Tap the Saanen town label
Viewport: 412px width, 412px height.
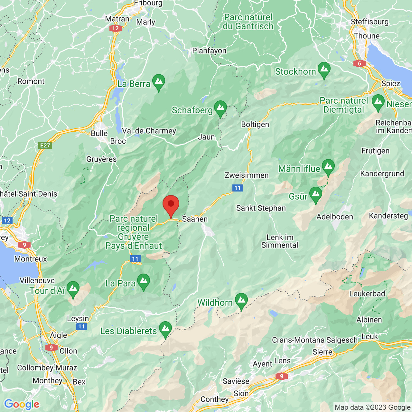[x=195, y=219]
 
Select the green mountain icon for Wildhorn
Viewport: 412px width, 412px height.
[x=241, y=301]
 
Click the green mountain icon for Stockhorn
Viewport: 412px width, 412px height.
[x=324, y=70]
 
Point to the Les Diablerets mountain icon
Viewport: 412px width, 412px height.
[x=165, y=329]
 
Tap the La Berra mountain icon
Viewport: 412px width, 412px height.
[x=158, y=82]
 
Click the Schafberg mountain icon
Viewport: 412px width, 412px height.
[x=220, y=108]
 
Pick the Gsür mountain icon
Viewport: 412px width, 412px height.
[x=315, y=195]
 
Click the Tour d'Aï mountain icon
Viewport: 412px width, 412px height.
[x=73, y=289]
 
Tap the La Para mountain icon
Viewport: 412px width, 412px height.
[x=143, y=282]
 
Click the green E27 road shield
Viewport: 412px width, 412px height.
[x=45, y=145]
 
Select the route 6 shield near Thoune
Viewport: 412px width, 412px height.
[x=359, y=63]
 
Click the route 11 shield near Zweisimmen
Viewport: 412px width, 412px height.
[x=237, y=188]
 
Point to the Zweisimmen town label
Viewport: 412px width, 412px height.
[x=247, y=175]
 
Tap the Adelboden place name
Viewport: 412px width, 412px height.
[x=335, y=217]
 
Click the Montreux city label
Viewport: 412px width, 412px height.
[x=31, y=259]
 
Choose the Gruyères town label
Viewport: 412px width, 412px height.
[x=101, y=159]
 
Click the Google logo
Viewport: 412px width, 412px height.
[x=22, y=404]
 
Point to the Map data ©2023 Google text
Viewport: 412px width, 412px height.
[x=372, y=407]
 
